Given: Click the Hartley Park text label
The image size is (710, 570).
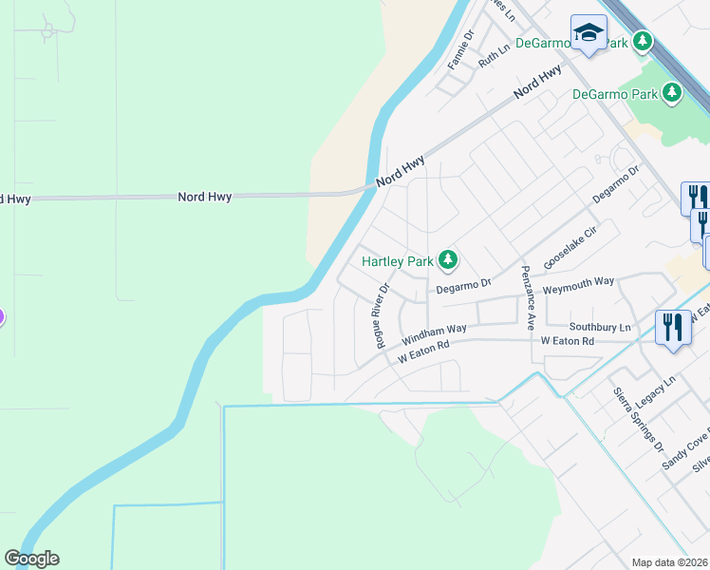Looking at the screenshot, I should click(x=397, y=260).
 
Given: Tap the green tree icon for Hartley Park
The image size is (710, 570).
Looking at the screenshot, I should click(x=448, y=258).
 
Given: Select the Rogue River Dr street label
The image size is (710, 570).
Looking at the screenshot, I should click(x=383, y=315).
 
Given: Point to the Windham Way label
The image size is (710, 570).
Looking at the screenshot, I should click(x=434, y=334).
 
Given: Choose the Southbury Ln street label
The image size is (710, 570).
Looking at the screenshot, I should click(x=600, y=326).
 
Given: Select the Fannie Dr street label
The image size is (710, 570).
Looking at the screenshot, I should click(x=460, y=49).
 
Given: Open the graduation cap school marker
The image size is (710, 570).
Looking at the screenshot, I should click(x=589, y=34).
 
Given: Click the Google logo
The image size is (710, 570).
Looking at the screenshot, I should click(x=31, y=559).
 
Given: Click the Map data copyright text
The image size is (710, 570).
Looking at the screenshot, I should click(x=670, y=562).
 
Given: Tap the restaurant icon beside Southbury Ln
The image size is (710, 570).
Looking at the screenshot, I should click(x=673, y=328).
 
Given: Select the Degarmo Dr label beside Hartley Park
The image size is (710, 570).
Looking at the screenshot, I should click(x=463, y=284).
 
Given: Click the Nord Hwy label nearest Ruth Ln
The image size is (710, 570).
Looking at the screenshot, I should click(x=537, y=84).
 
